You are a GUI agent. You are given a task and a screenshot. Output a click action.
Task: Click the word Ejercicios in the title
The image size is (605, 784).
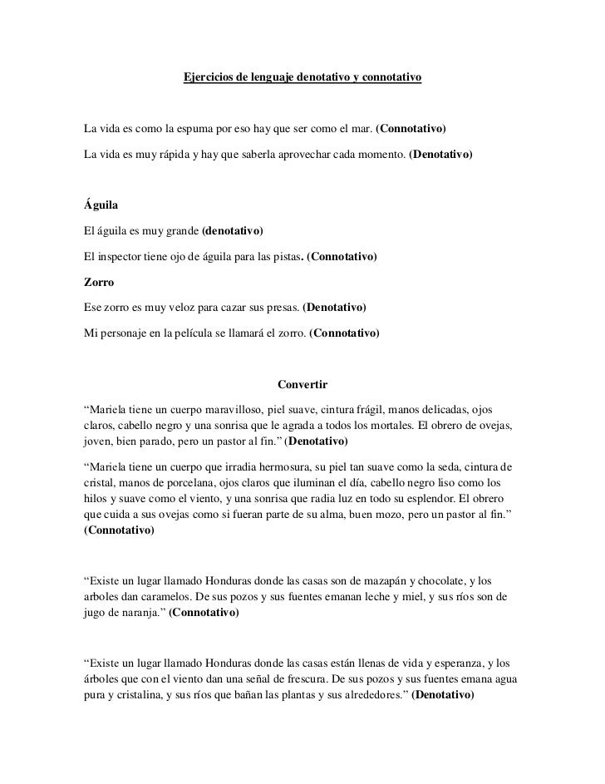click(207, 78)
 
